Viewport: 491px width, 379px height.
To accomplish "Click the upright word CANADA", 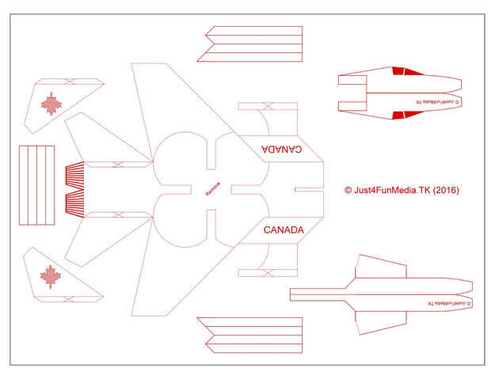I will click(x=284, y=230).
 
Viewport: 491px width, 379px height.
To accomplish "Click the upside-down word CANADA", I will click(x=281, y=149).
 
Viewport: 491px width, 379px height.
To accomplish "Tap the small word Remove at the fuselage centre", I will click(x=212, y=190).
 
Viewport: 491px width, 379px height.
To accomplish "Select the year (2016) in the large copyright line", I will click(x=445, y=190).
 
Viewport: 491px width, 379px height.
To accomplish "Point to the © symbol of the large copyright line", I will click(x=348, y=190).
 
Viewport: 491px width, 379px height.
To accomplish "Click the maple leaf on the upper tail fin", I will click(x=51, y=104).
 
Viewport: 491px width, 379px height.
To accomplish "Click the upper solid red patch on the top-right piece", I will click(x=399, y=72).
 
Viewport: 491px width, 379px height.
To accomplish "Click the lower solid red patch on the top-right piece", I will click(x=399, y=116).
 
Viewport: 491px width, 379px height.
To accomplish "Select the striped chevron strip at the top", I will click(x=253, y=44).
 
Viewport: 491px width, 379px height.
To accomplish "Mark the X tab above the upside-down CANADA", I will click(x=268, y=106).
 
